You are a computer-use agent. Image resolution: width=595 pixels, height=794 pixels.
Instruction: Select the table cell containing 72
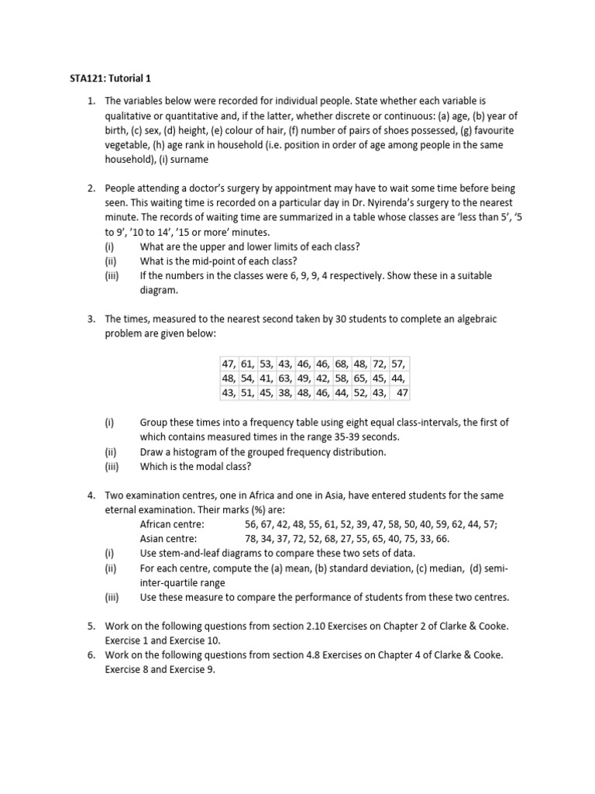380,364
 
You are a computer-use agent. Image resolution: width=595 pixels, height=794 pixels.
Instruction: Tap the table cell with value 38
286,392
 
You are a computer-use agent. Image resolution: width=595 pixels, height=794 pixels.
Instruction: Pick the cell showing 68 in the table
342,364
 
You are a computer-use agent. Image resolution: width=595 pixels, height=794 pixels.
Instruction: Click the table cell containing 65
361,378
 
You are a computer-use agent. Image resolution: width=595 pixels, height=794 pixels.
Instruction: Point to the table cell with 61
248,364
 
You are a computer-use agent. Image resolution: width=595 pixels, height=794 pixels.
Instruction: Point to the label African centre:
171,524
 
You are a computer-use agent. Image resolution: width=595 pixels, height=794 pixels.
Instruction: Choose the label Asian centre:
168,538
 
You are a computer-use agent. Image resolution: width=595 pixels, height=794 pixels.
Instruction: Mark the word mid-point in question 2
210,261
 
